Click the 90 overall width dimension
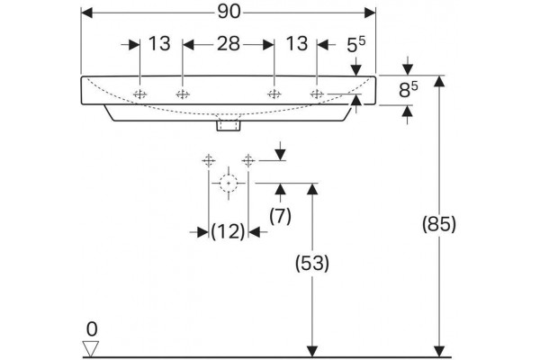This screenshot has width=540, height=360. pos(229,13)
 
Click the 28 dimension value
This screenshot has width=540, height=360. pos(229,44)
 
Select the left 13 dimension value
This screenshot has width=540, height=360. pos(159,44)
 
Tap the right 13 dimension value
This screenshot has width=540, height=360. pos(296,44)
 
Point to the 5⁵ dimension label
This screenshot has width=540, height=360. pos(355,45)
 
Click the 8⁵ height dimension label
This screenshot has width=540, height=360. pos(408,90)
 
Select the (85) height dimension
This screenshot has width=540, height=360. pos(439,225)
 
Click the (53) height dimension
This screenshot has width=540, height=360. pos(312,264)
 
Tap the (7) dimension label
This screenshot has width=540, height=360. pos(280,217)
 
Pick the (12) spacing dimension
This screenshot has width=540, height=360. pos(228,232)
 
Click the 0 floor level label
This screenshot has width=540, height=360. pos(92,329)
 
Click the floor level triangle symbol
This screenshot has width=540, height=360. pos(91,349)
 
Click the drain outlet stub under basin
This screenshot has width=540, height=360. pos(229,126)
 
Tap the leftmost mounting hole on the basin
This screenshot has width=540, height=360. pos(140,94)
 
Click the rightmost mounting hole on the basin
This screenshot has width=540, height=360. pos(317,94)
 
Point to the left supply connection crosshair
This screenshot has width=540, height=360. pos(209,160)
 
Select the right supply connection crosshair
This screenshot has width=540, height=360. pos(248,160)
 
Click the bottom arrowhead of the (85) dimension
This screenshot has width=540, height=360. pos(439,351)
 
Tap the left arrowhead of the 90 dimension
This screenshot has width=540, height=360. pos(86,13)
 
